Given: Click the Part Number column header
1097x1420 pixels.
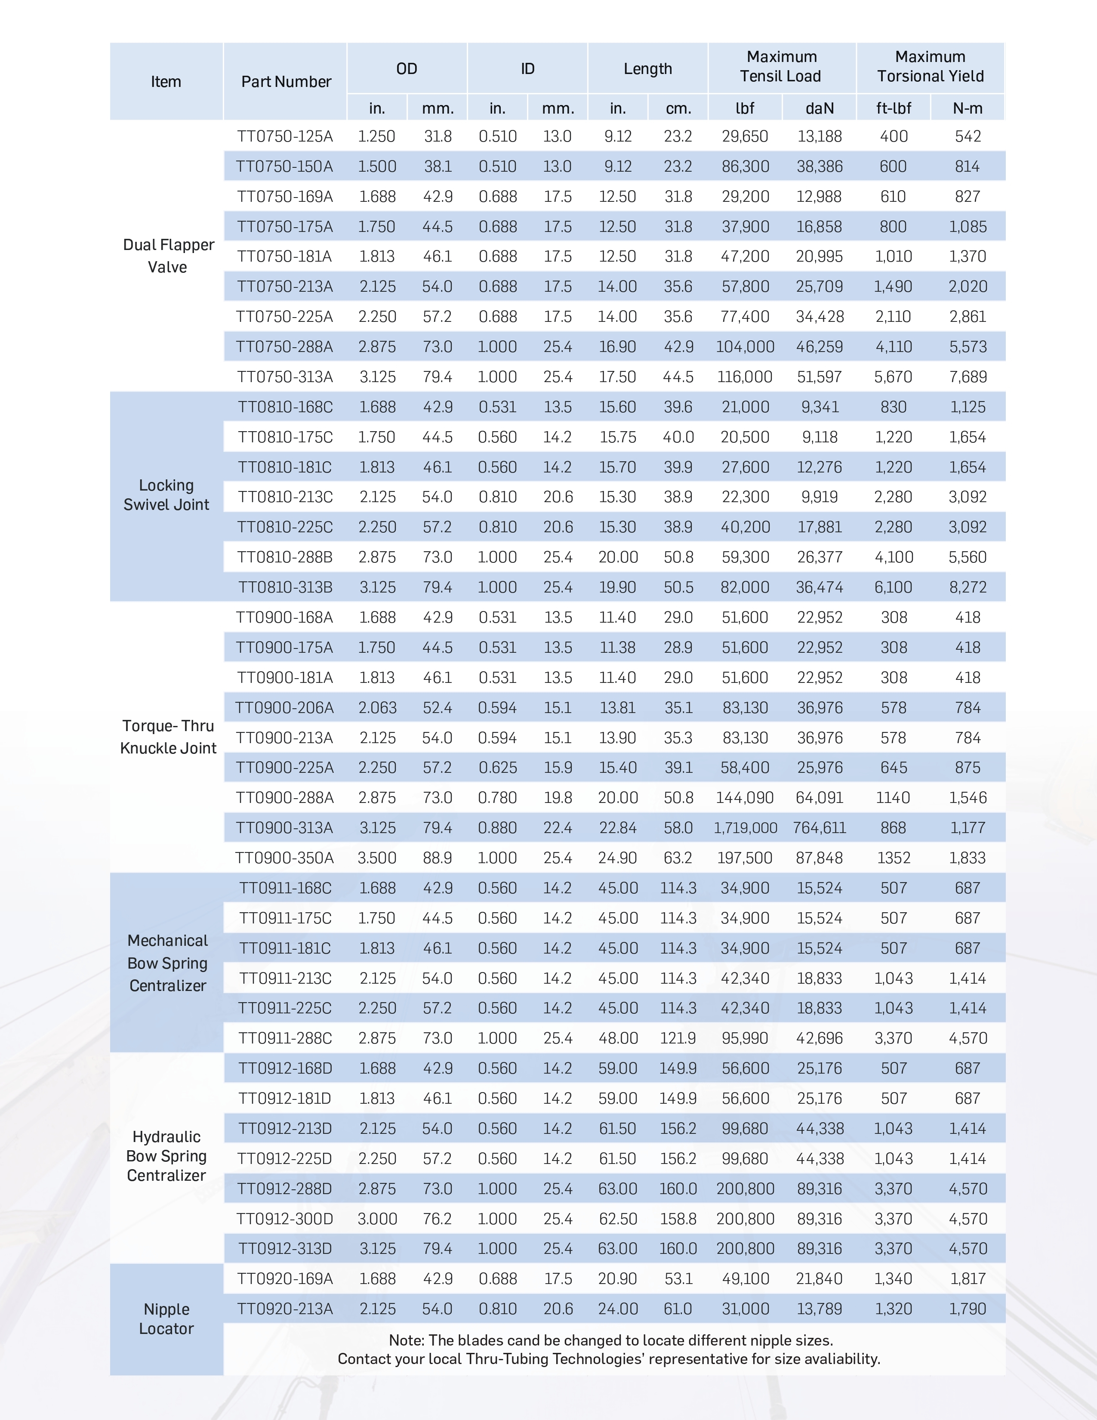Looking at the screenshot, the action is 286,81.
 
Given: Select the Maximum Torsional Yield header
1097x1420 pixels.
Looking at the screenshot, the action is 930,66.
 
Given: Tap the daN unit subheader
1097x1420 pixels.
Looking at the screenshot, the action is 820,108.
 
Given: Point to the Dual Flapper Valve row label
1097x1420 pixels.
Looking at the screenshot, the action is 168,256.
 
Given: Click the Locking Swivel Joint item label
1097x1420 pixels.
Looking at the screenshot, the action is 166,495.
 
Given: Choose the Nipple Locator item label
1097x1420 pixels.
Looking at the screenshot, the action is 166,1318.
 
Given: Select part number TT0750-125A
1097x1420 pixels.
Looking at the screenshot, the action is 285,136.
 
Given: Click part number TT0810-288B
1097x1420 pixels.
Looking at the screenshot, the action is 285,557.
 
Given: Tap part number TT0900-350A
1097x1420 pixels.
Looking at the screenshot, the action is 285,858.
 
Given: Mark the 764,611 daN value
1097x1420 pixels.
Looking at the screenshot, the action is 820,827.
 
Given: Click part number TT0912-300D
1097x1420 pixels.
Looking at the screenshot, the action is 285,1219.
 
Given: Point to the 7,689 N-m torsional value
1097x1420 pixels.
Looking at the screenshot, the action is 968,377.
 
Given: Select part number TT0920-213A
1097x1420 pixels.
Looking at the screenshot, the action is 285,1309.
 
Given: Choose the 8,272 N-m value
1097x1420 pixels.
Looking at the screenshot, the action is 968,587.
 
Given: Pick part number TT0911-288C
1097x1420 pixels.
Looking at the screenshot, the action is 285,1038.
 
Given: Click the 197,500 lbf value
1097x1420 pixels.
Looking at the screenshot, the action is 745,858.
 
